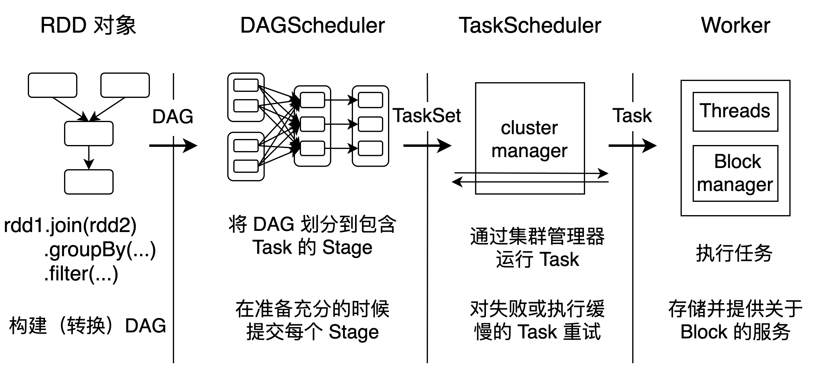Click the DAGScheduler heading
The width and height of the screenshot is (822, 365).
312,25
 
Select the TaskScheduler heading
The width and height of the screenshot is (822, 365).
530,25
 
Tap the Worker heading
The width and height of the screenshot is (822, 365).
736,25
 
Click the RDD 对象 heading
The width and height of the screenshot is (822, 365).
88,25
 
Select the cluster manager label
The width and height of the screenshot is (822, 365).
529,139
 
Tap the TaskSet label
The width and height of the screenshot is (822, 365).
426,115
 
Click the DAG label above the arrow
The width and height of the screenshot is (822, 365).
173,116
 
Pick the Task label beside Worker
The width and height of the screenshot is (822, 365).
632,115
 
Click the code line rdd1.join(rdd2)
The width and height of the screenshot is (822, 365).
70,225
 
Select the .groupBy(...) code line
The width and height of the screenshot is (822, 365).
100,250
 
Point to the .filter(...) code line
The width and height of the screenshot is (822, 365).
81,274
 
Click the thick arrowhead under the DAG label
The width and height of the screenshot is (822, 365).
190,146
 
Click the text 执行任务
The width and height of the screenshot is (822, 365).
734,253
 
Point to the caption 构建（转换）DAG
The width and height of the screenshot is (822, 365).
88,326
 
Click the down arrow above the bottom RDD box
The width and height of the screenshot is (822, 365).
89,158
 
